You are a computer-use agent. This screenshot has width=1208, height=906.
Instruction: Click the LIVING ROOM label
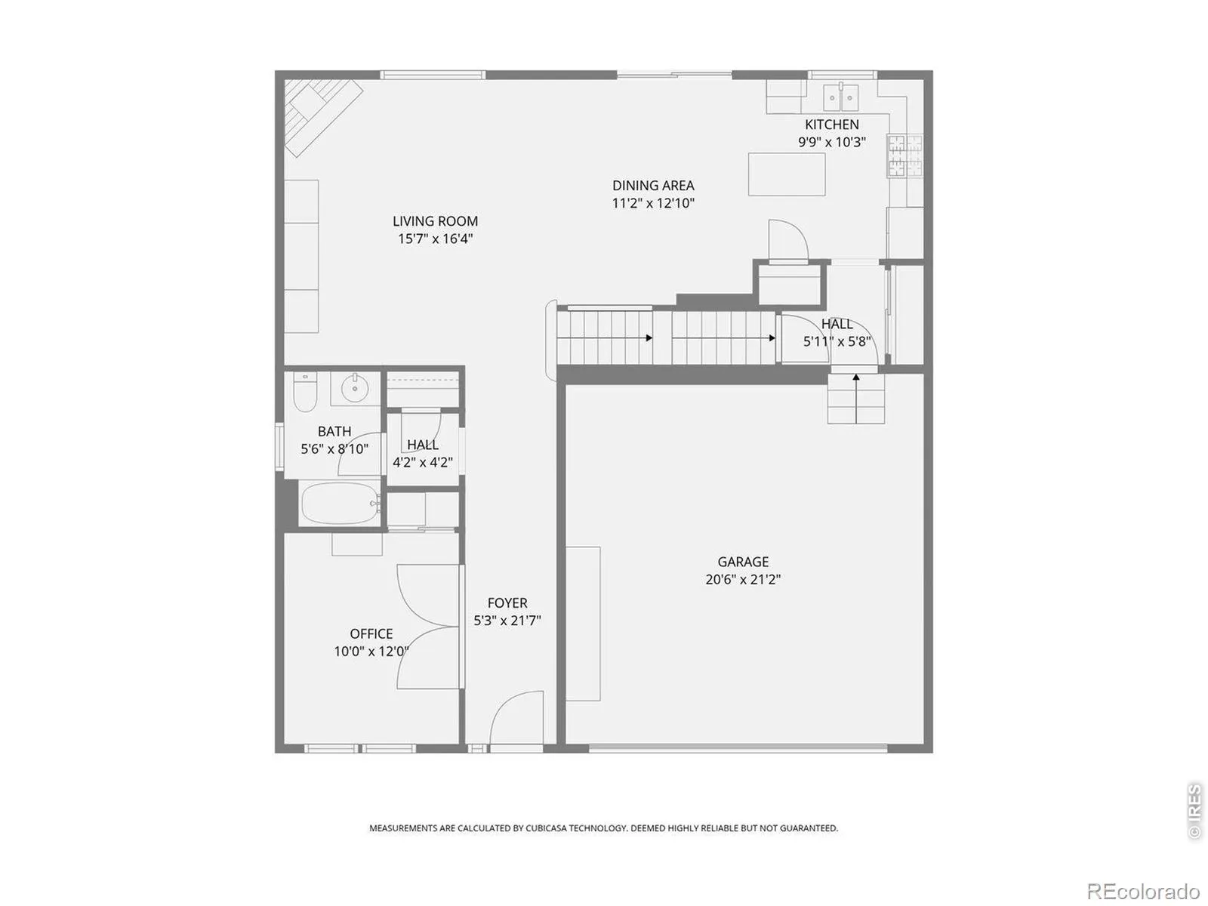pos(435,221)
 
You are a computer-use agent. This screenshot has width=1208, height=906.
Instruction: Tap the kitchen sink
pos(841,97)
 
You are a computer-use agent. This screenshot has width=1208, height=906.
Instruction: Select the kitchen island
pos(787,174)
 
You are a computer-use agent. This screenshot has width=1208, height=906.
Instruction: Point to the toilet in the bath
pos(305,392)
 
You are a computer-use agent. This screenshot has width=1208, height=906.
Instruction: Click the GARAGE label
pos(742,562)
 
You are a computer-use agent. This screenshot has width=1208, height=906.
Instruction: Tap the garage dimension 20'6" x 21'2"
pos(743,579)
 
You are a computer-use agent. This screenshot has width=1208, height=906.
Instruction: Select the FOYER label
pos(507,603)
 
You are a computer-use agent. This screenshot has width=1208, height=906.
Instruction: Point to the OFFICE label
pos(371,633)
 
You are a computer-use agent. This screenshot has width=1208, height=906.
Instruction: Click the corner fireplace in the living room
pos(324,118)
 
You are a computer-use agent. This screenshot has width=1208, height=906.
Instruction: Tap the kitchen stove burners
pos(904,156)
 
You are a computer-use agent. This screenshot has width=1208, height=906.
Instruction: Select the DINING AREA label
pos(653,186)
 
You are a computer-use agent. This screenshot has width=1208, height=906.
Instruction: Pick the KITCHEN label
pos(831,125)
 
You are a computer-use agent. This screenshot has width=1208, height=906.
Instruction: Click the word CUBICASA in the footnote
pos(546,828)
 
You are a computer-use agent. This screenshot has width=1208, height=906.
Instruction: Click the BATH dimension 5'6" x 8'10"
pos(334,449)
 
